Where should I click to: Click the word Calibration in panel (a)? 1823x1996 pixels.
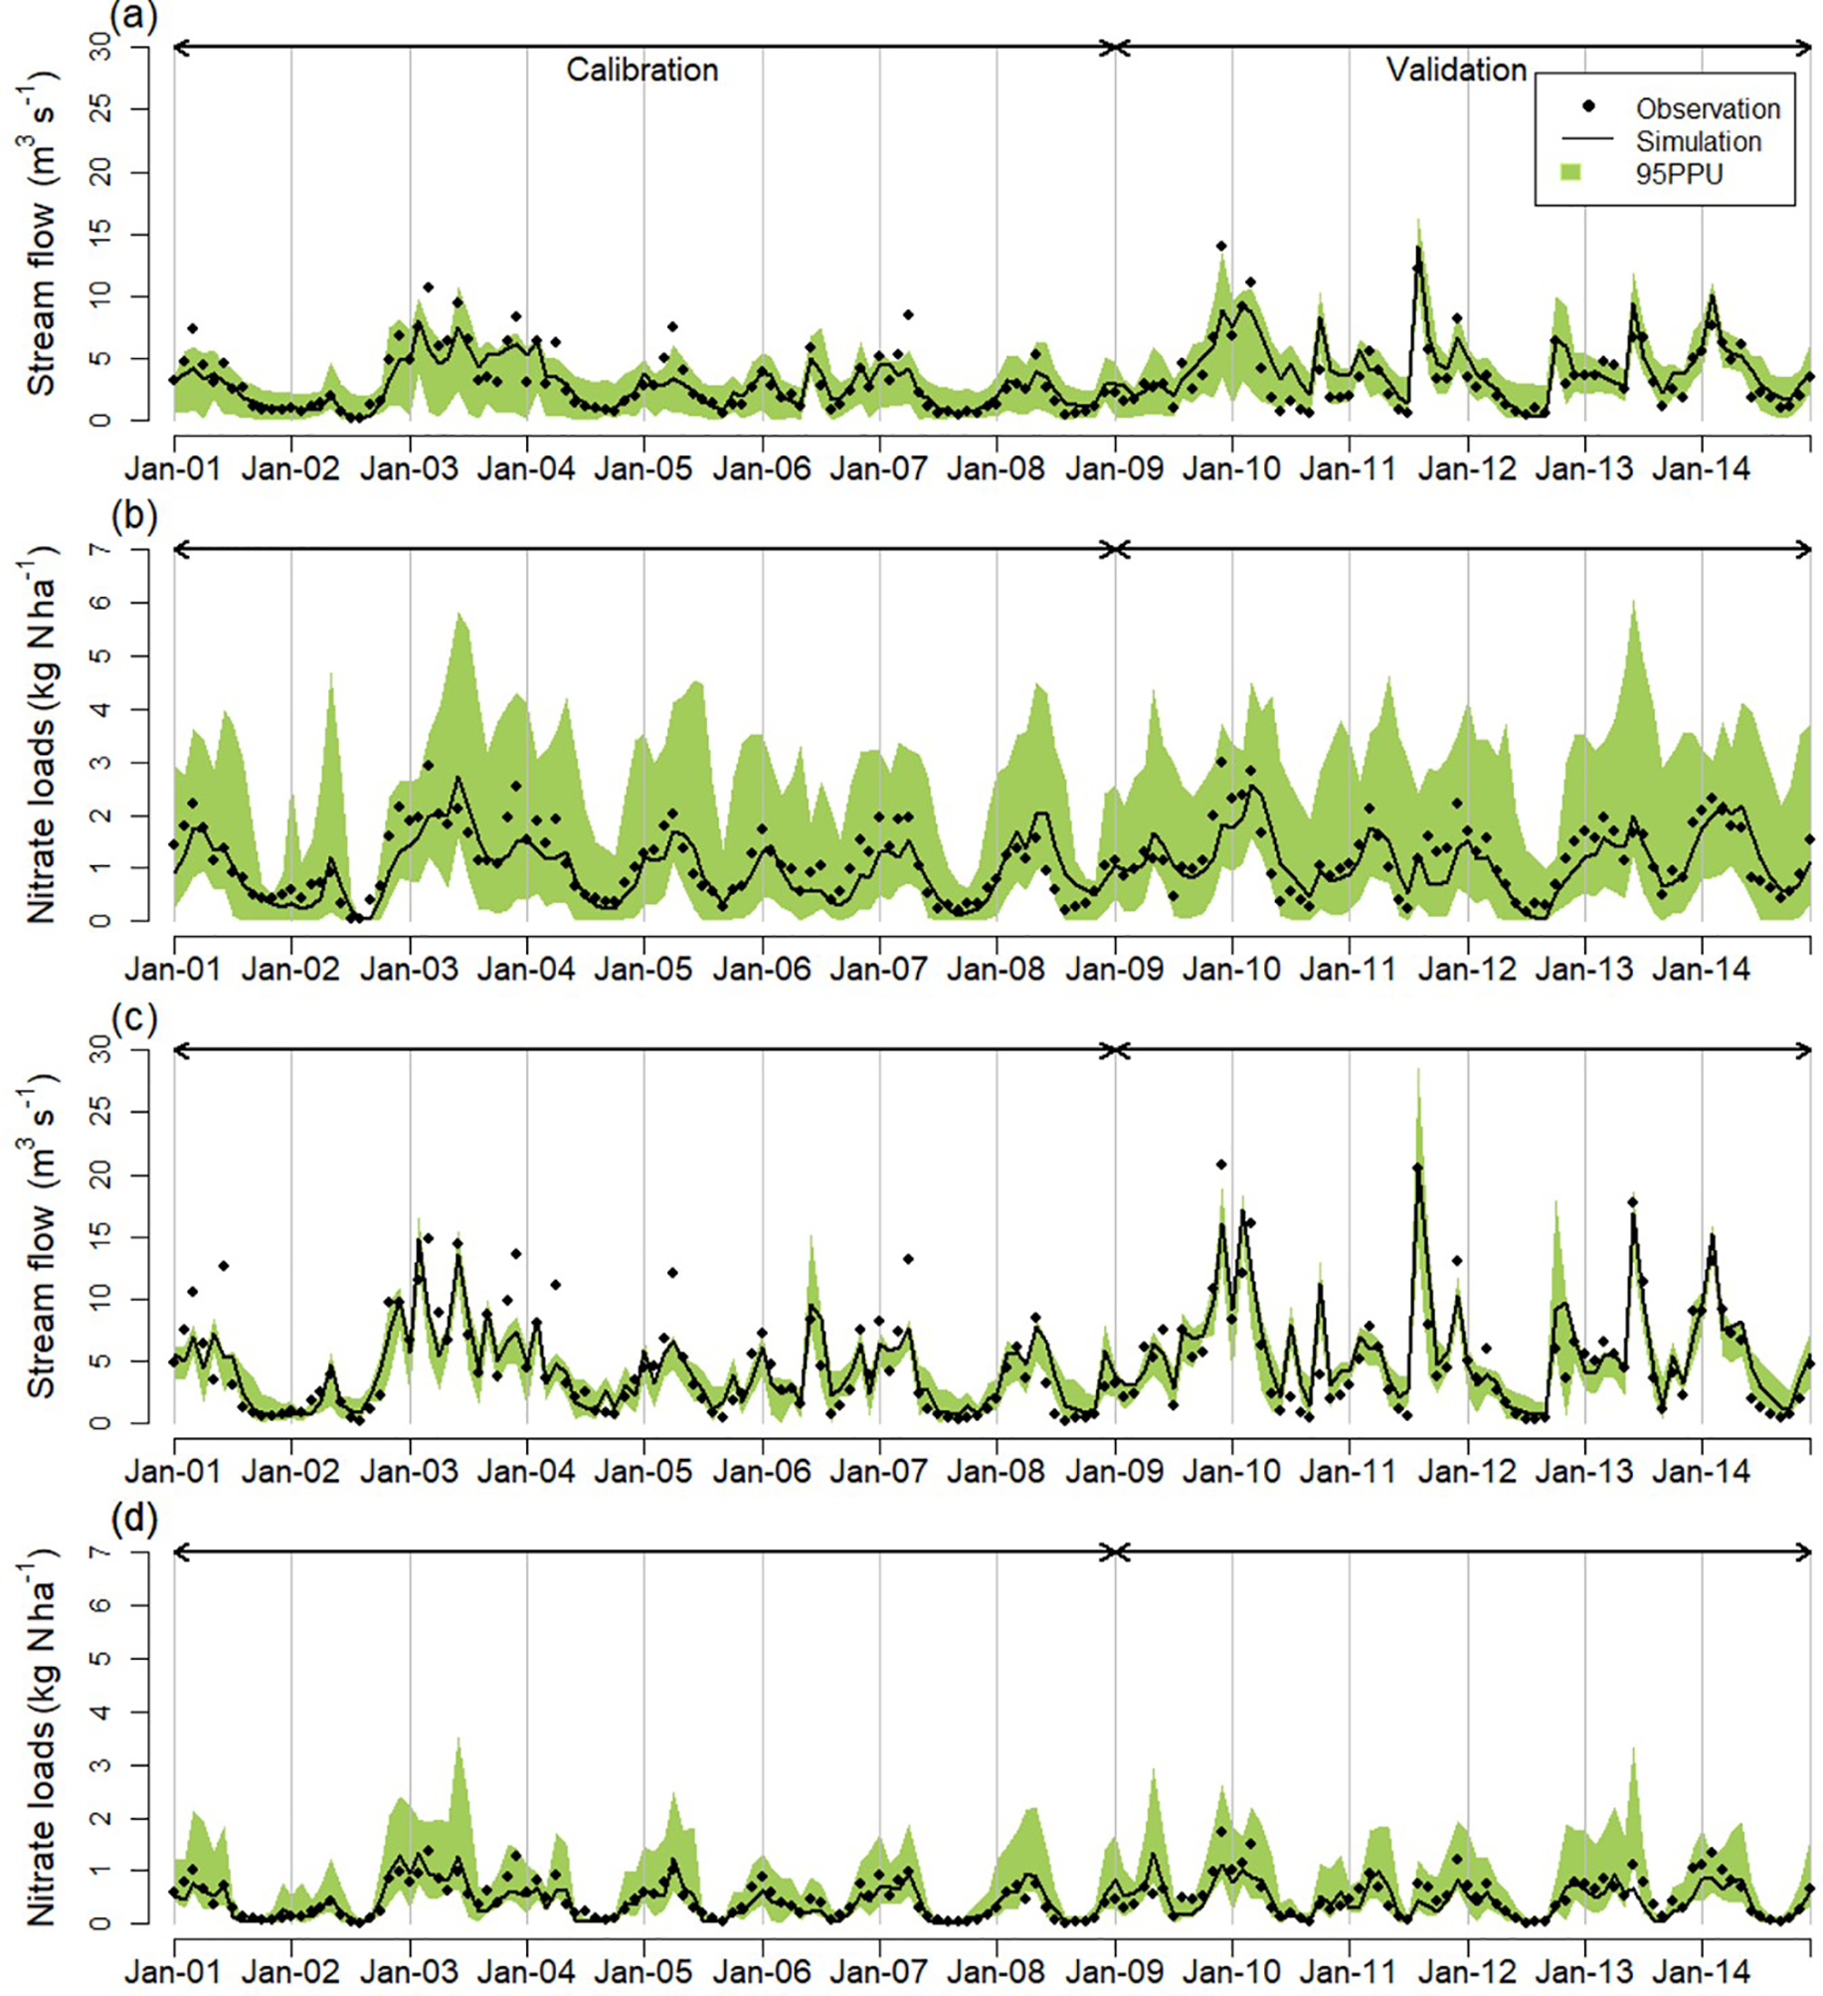[641, 70]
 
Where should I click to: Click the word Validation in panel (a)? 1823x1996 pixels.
[1456, 70]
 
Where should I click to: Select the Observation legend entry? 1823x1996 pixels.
[1708, 108]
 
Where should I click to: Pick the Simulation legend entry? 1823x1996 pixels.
[1698, 141]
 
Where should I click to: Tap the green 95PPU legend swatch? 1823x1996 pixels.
[1570, 173]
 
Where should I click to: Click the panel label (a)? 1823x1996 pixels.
[133, 17]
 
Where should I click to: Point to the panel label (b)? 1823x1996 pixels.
[133, 517]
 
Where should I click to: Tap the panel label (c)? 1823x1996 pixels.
[133, 1018]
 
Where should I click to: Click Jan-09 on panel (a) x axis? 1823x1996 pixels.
[1114, 467]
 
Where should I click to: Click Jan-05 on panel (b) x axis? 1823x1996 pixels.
[643, 968]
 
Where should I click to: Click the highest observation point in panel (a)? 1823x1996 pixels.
[1221, 246]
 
